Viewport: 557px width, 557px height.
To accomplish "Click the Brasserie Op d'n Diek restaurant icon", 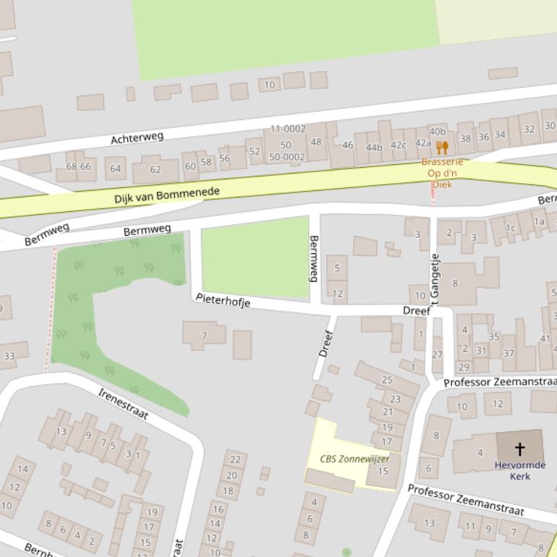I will [x=442, y=148].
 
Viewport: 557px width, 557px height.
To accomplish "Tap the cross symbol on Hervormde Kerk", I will [x=519, y=449].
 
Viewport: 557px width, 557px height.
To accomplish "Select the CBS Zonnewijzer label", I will [x=354, y=459].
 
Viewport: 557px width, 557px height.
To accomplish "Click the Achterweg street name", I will [x=137, y=137].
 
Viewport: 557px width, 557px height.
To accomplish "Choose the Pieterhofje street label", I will [x=223, y=300].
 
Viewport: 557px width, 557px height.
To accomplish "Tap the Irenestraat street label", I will [x=123, y=403].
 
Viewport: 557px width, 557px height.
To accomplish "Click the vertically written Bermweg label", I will [x=314, y=258].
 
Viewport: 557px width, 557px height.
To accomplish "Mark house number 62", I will [x=156, y=170].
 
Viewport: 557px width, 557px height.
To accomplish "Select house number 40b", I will [x=438, y=132].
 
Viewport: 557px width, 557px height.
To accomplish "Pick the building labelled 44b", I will [x=374, y=148].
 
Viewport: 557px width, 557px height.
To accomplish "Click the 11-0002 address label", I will [x=288, y=129].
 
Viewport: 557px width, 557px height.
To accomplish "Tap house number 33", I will [x=9, y=356].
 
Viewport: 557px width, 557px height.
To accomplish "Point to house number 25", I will [x=387, y=380].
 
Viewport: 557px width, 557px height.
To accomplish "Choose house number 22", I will [x=235, y=459].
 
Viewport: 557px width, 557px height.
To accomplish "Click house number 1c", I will [x=511, y=228].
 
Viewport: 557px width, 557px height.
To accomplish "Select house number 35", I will [x=494, y=336].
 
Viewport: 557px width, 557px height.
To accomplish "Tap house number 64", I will [x=115, y=169].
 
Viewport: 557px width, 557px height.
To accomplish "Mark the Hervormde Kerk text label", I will [x=520, y=471].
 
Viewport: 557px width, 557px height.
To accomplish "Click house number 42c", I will [x=399, y=145].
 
